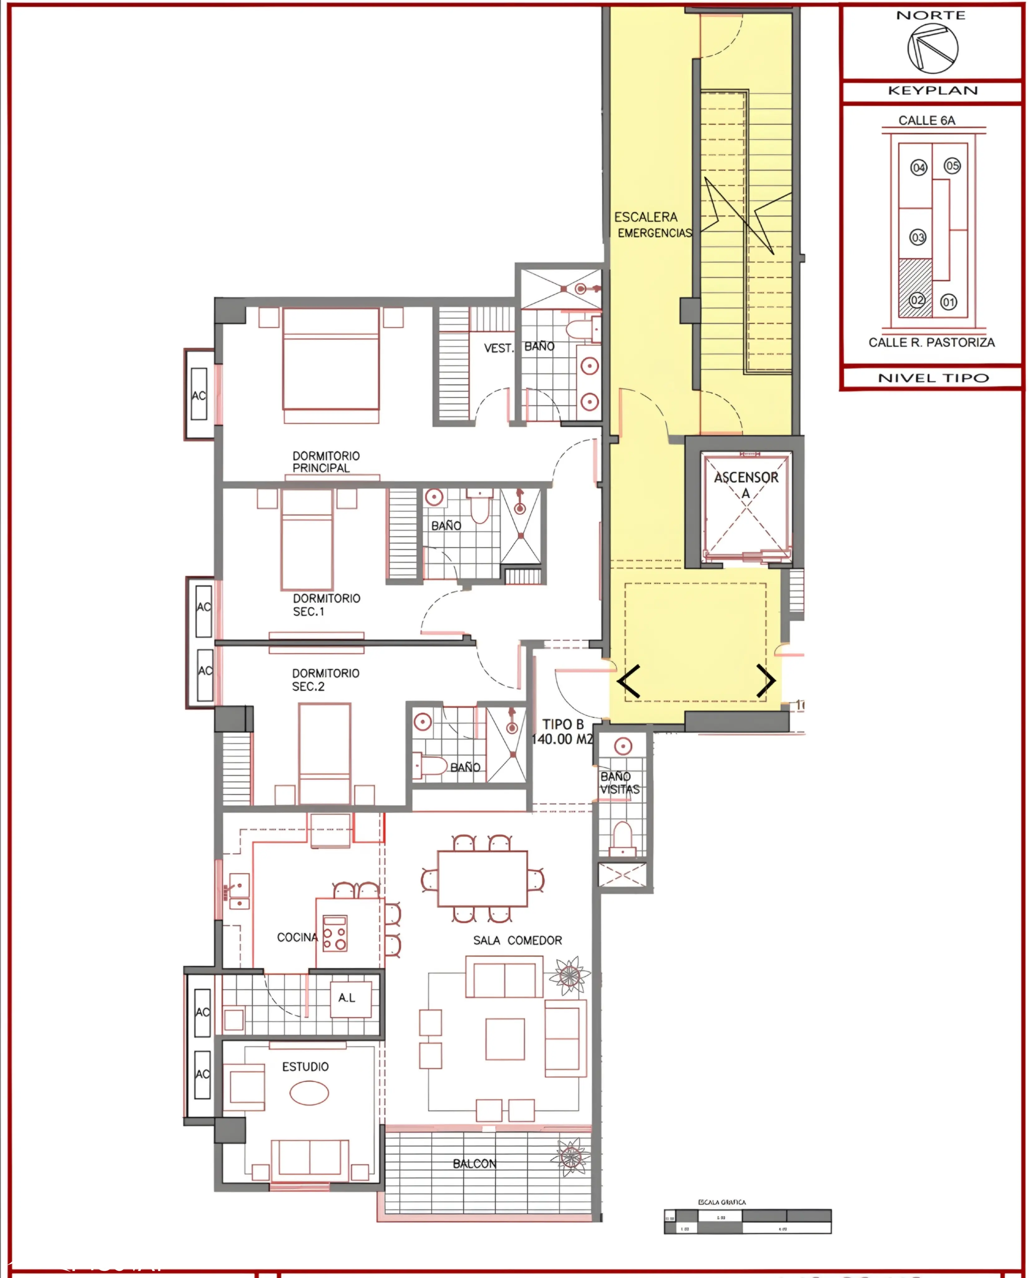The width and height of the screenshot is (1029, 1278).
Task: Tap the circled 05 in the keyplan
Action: [952, 166]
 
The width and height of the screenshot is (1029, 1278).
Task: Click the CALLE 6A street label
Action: [926, 120]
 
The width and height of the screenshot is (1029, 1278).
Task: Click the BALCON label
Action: [474, 1163]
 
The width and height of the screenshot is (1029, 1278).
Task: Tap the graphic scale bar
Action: [747, 1222]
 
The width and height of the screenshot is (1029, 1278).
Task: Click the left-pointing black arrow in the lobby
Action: [629, 681]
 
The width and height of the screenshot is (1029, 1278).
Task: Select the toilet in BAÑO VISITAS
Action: [622, 837]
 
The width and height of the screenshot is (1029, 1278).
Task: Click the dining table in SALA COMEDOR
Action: [482, 879]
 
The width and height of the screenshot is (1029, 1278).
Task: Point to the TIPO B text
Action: [563, 724]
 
